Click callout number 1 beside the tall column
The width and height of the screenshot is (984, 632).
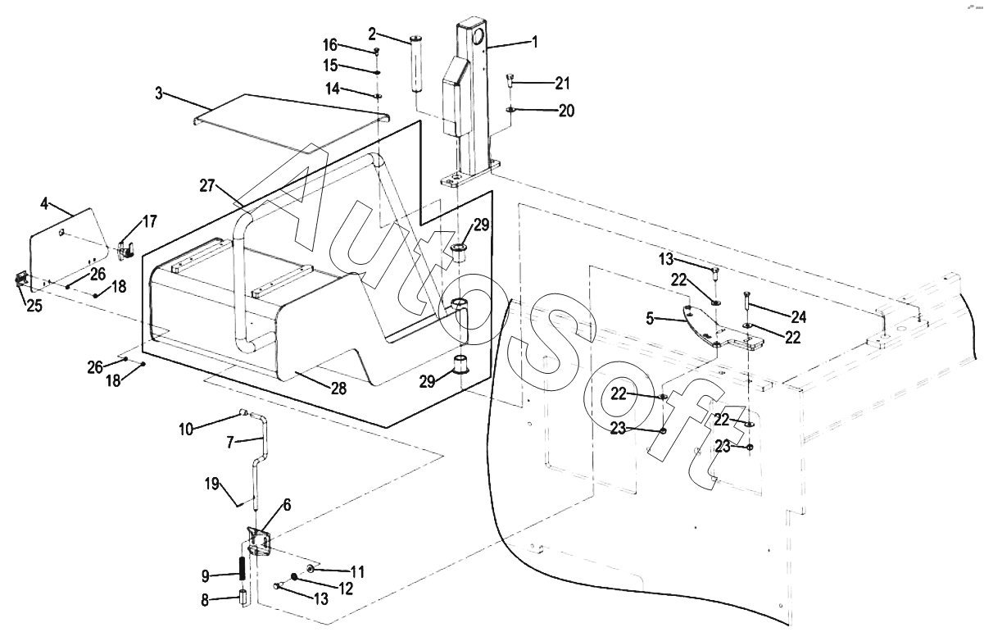(x=535, y=42)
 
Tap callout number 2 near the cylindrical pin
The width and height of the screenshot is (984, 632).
(x=372, y=34)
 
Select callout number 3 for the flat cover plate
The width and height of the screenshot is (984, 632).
(x=159, y=93)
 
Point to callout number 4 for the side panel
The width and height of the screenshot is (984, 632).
(x=44, y=203)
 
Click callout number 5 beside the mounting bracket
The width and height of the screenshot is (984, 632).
(x=651, y=318)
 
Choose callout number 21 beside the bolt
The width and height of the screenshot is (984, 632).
(x=562, y=83)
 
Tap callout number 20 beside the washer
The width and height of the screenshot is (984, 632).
(x=566, y=111)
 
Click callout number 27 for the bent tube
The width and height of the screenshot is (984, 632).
(x=207, y=186)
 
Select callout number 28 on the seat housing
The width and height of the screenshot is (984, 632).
(x=338, y=389)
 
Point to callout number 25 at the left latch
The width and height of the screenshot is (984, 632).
(x=34, y=306)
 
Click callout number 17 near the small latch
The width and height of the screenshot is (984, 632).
(x=150, y=221)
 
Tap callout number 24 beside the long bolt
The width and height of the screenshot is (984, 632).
(x=799, y=316)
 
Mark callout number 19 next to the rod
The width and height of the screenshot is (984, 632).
(x=212, y=484)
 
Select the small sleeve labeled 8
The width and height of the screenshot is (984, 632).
(x=242, y=598)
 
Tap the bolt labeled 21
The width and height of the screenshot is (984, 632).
(x=510, y=81)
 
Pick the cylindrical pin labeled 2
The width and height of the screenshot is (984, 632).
(x=416, y=65)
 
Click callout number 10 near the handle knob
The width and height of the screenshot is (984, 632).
(x=186, y=429)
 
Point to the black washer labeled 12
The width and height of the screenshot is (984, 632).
(x=294, y=576)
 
